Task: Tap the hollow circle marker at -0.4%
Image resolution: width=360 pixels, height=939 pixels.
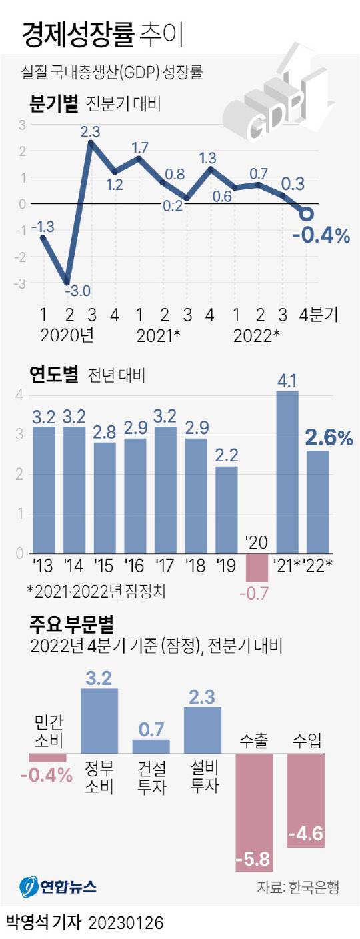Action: pyautogui.click(x=307, y=214)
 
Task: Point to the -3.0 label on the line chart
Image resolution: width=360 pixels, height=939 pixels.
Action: pyautogui.click(x=78, y=290)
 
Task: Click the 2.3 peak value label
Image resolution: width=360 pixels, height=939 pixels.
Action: pyautogui.click(x=91, y=131)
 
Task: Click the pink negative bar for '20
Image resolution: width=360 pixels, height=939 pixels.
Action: pyautogui.click(x=257, y=567)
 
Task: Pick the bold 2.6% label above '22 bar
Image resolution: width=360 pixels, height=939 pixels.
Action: pyautogui.click(x=328, y=438)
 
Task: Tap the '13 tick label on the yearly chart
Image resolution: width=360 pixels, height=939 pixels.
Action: pyautogui.click(x=44, y=567)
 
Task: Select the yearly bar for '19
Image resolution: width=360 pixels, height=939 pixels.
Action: pyautogui.click(x=226, y=510)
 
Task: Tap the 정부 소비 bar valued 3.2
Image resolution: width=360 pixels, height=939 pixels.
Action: pyautogui.click(x=99, y=721)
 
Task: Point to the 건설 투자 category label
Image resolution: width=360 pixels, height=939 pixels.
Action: pyautogui.click(x=152, y=777)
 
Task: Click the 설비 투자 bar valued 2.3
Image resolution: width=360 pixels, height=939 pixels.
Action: pyautogui.click(x=203, y=730)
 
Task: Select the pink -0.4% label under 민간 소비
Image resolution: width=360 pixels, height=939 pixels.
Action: pyautogui.click(x=47, y=776)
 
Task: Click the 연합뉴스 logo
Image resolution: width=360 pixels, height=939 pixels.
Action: pyautogui.click(x=59, y=886)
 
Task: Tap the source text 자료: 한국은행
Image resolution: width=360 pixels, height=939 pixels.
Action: pyautogui.click(x=298, y=887)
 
